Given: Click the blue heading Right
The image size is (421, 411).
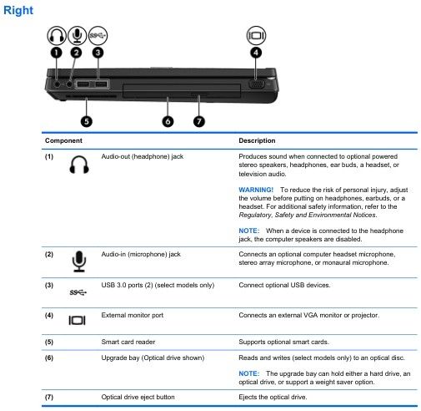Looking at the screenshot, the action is tap(18, 10).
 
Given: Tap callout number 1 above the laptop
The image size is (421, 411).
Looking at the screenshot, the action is tap(57, 53).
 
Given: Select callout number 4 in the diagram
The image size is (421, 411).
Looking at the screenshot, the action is tap(256, 53).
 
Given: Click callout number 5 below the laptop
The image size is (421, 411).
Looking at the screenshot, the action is tap(87, 121).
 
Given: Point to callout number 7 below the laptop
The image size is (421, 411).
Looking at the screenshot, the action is tap(199, 121).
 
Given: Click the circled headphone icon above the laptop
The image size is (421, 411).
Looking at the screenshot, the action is tap(57, 35).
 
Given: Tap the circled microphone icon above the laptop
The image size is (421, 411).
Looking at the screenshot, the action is tap(78, 35).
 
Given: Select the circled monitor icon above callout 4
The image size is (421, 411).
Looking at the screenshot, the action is tap(256, 35).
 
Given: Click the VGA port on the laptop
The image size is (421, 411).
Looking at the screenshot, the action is tap(256, 84).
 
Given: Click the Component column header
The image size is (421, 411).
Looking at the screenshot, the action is tap(63, 140).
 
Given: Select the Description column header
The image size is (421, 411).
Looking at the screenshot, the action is tap(257, 140).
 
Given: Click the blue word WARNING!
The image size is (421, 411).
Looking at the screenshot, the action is tap(256, 190).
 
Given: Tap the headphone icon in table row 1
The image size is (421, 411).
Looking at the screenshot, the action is tap(79, 165).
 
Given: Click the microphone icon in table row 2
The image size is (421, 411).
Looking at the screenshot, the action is tap(79, 261).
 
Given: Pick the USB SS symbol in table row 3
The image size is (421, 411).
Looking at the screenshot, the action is tap(78, 292).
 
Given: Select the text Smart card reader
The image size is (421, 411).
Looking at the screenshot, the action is tap(128, 342).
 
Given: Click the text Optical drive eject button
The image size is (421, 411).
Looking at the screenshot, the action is tap(138, 397).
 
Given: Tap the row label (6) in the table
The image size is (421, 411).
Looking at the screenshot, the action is tap(49, 358).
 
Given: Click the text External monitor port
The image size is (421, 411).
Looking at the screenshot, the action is tap(133, 315).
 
